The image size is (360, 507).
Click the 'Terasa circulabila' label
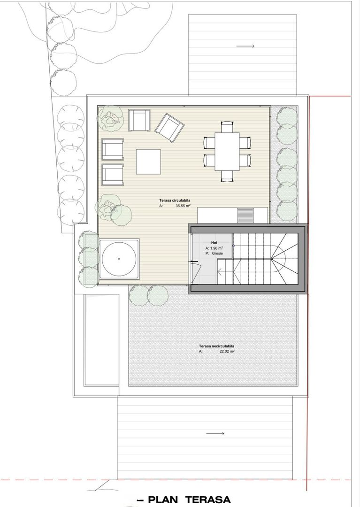[175, 200]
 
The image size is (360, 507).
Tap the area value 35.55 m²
[183, 206]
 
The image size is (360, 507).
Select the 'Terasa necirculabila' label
[216, 346]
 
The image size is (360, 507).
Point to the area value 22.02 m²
[227, 351]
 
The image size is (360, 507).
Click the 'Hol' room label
[214, 243]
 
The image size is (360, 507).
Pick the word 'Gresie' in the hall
[217, 253]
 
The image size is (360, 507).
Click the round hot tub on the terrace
[119, 259]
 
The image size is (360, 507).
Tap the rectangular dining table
[227, 151]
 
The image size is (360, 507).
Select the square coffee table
[148, 161]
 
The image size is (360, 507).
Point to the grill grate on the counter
[245, 215]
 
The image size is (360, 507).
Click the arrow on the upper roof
[245, 46]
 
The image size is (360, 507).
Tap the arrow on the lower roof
[215, 434]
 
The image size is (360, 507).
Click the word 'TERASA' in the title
[208, 500]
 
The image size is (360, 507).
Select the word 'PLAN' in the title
[163, 500]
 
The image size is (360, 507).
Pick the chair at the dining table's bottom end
[227, 176]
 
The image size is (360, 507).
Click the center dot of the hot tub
[119, 259]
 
